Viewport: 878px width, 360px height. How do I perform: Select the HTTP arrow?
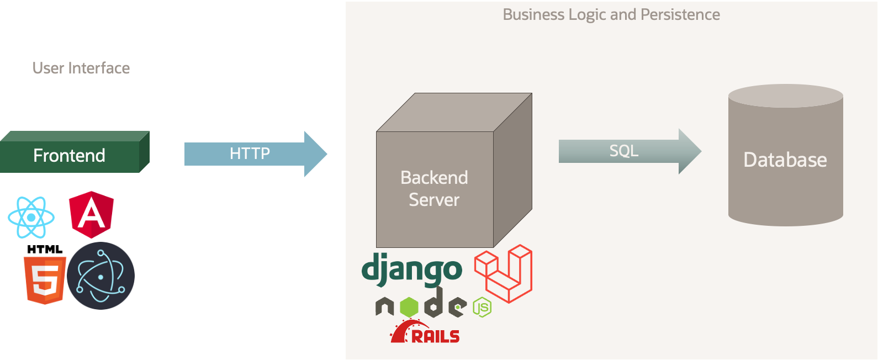click(250, 153)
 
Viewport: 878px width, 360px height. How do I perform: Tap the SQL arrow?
click(624, 151)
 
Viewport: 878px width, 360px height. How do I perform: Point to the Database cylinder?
click(785, 160)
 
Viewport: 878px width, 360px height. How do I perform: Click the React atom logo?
click(31, 218)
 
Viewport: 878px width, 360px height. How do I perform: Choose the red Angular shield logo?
click(92, 214)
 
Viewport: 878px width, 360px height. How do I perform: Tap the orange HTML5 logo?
click(44, 280)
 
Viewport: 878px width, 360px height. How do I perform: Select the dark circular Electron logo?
click(101, 276)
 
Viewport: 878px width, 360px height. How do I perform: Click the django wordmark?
click(411, 269)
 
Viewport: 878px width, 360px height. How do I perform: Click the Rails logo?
click(425, 332)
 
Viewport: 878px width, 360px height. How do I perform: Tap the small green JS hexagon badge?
click(482, 307)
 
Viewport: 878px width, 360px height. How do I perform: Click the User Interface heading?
click(81, 68)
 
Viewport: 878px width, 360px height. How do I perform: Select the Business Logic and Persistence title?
click(611, 14)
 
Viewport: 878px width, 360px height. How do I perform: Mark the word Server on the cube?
click(434, 200)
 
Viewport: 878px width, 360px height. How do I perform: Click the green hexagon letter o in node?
click(409, 306)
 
